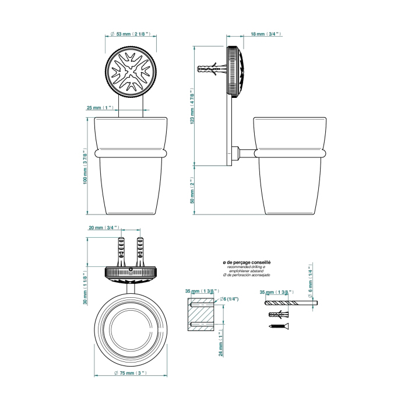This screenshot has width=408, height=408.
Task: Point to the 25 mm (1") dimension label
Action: [x=101, y=108]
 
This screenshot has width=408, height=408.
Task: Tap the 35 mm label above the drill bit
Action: [x=276, y=291]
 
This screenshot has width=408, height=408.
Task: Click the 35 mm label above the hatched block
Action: [x=201, y=291]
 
